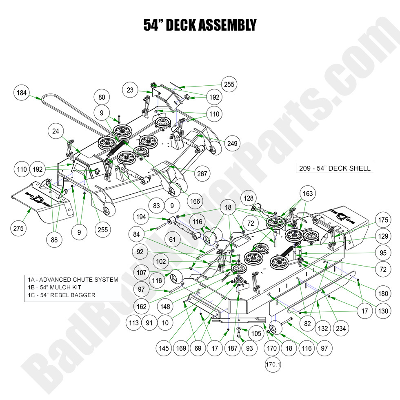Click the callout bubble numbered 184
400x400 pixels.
click(x=21, y=93)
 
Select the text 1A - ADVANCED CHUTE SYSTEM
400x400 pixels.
click(x=73, y=280)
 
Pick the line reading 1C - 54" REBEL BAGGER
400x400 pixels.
click(x=62, y=295)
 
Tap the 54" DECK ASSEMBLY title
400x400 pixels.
click(x=200, y=25)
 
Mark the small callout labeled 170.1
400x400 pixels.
click(x=272, y=364)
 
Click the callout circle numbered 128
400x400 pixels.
click(x=249, y=198)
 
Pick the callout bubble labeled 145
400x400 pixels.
click(x=164, y=348)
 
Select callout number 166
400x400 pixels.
click(x=195, y=201)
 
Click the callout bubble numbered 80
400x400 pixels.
click(x=102, y=98)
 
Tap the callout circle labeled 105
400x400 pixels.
click(x=256, y=334)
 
